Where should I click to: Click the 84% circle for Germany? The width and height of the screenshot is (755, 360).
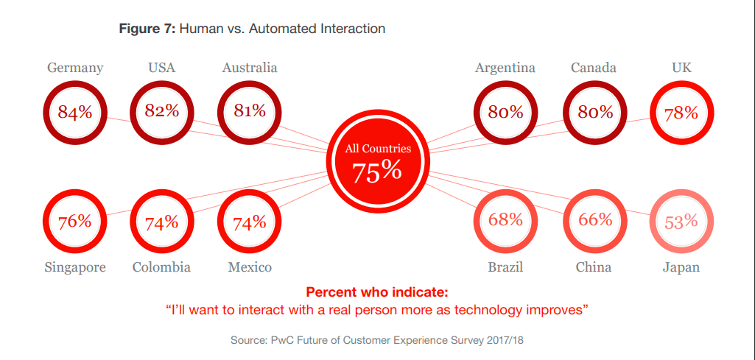point(75,112)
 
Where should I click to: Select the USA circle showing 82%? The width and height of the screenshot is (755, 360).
point(161,111)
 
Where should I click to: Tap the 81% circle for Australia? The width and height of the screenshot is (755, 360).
point(250,111)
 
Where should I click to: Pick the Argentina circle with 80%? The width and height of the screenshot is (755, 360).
point(505,112)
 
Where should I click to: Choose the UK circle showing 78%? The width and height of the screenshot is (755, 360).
point(680,112)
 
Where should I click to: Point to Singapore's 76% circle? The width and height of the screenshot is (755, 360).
point(74,221)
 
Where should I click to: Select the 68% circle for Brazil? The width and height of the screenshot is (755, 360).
point(505,219)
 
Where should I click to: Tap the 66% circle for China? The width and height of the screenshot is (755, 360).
point(594,219)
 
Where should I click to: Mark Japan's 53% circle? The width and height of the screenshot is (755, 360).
point(680,221)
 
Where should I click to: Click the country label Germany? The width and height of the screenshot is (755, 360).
point(75,68)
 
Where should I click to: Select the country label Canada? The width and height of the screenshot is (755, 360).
point(594,68)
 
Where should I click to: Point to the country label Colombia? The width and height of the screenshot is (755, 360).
point(161,267)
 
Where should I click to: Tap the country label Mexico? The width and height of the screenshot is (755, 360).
point(250,267)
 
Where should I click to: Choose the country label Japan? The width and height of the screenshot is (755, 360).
point(681,267)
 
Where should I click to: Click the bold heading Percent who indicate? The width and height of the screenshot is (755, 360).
point(376,292)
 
